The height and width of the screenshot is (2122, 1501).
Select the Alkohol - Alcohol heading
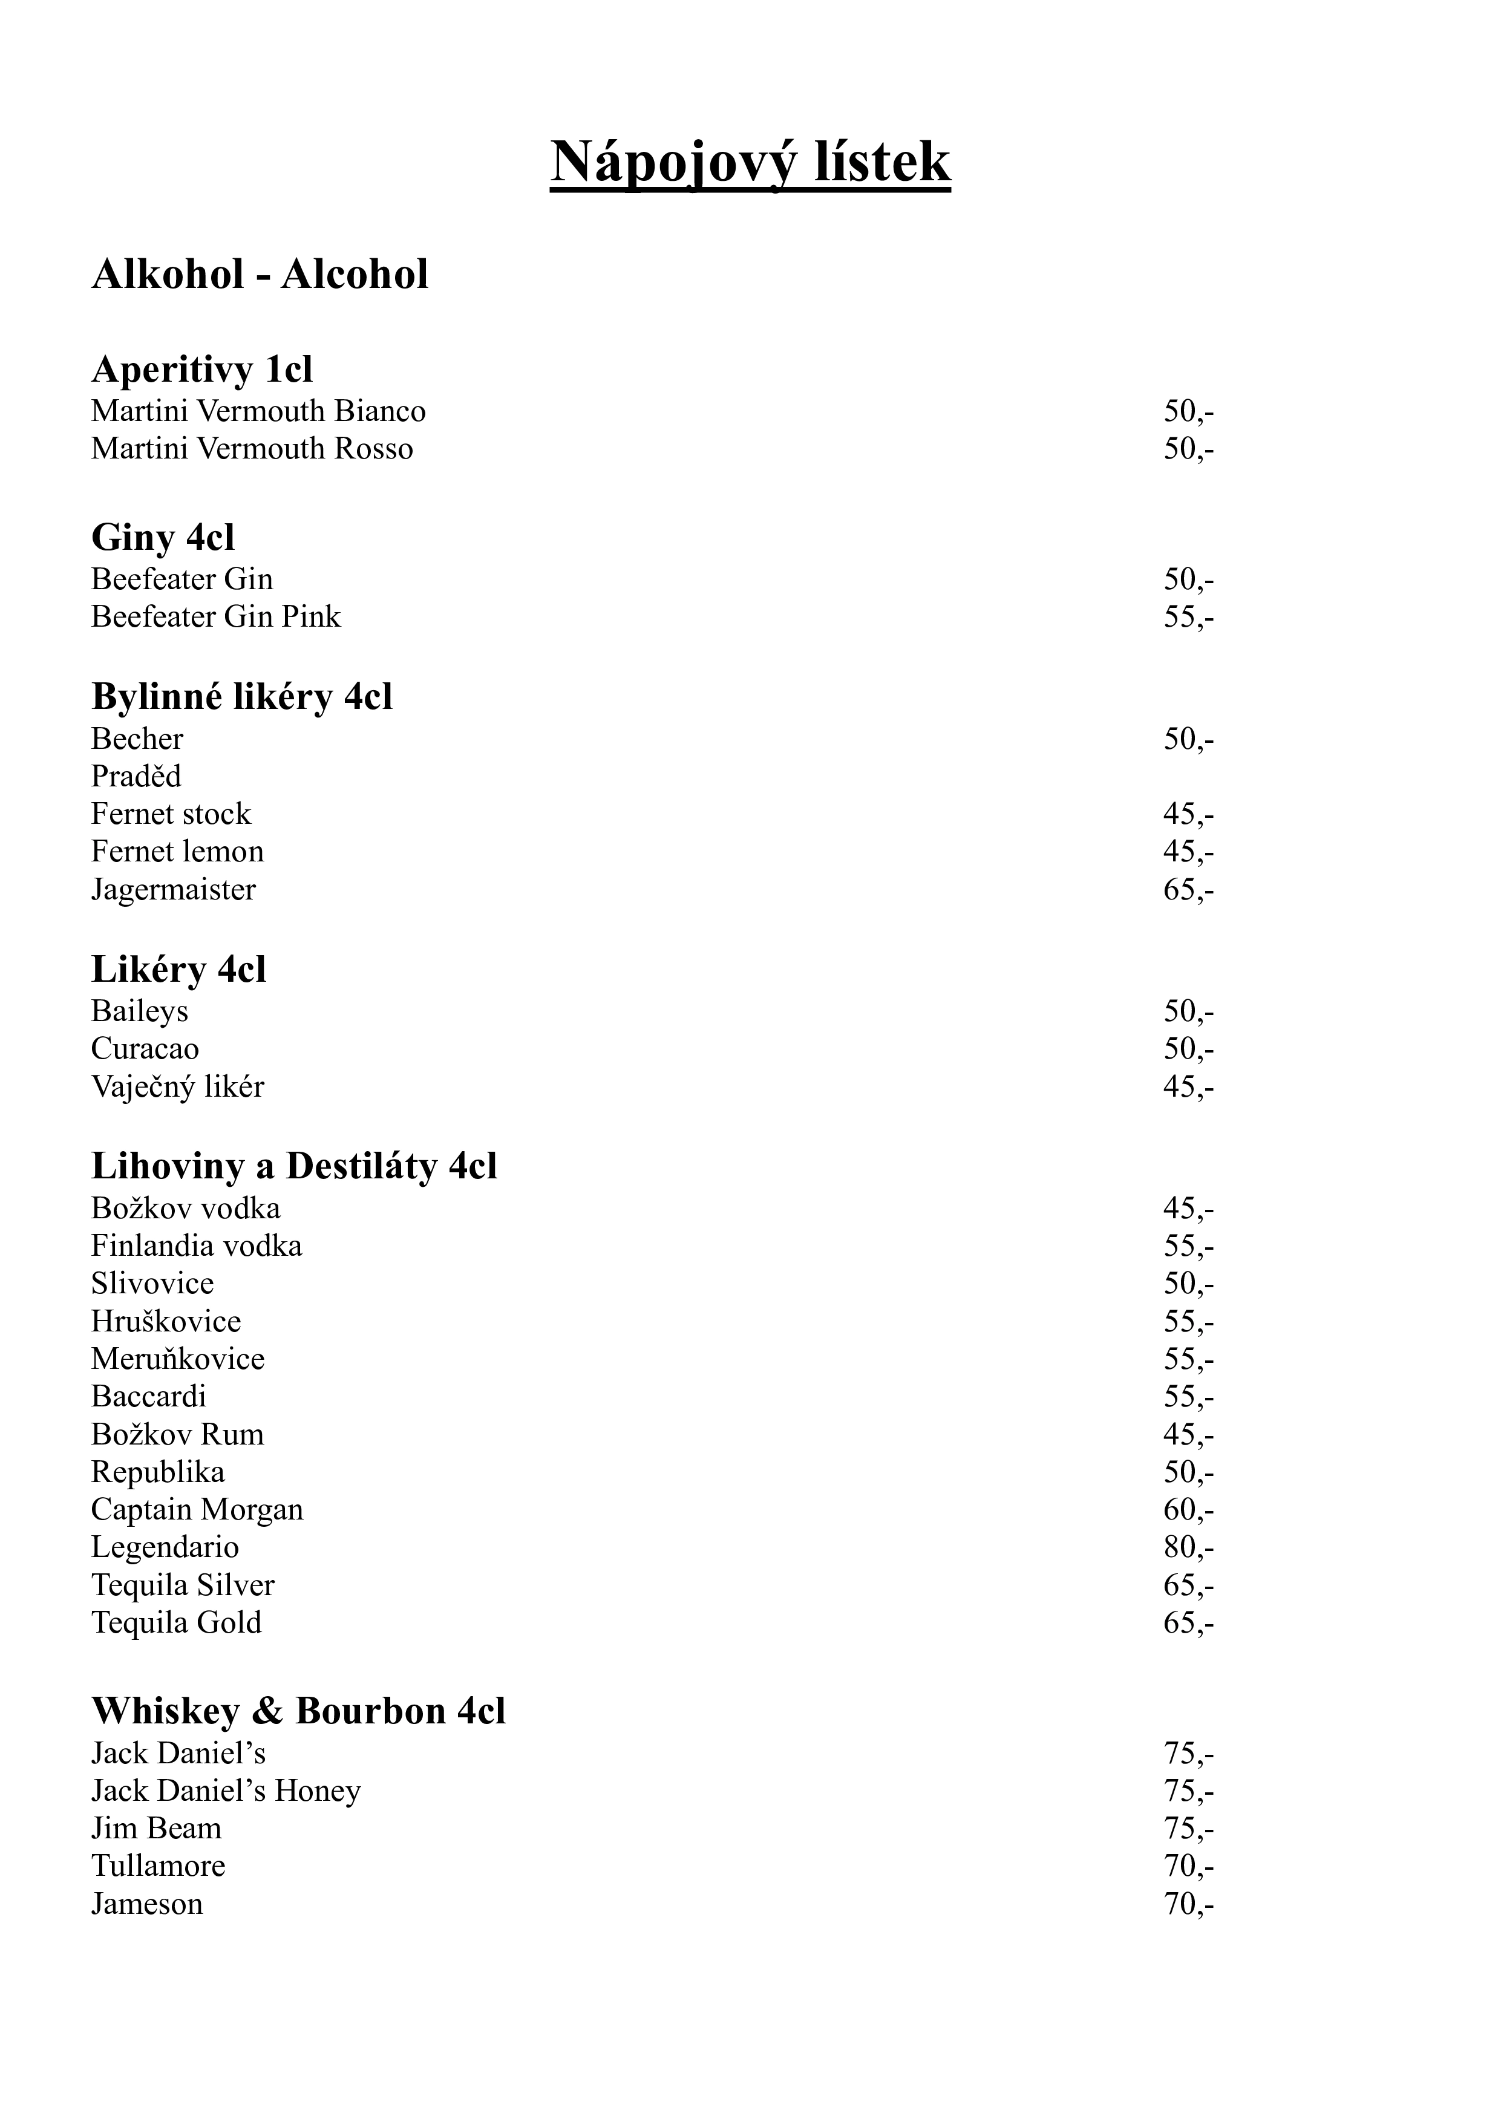coord(260,275)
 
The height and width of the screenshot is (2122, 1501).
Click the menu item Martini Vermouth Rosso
coord(252,449)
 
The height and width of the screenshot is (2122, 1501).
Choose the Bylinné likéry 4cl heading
coord(241,697)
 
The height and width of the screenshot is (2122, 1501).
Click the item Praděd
coord(136,776)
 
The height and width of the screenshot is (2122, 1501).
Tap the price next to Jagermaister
coord(1188,890)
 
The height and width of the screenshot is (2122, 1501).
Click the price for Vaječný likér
coord(1188,1087)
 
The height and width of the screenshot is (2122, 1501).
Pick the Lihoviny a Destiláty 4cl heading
coord(294,1166)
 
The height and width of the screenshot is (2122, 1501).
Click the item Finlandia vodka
coord(196,1246)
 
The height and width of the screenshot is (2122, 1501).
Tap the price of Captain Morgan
coord(1188,1510)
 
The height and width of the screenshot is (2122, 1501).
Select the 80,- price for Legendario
coord(1188,1547)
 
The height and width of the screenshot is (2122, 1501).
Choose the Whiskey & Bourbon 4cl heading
coord(298,1712)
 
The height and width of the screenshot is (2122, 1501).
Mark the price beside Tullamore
coord(1188,1866)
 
